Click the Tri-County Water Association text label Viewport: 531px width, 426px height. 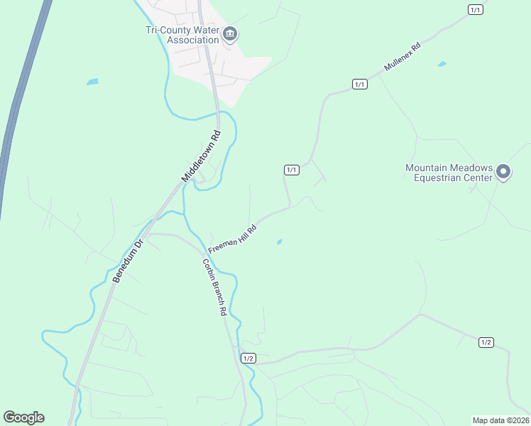[x=182, y=35]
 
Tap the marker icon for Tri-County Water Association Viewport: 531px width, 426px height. [x=230, y=34]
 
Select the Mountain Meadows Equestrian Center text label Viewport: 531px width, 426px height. [x=449, y=173]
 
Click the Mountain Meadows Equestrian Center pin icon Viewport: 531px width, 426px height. [x=503, y=172]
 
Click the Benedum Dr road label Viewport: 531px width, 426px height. [x=128, y=261]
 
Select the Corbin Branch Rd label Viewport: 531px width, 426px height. [x=214, y=287]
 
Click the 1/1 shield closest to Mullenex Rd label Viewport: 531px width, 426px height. [x=360, y=84]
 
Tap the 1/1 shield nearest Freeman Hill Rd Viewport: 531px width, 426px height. [x=291, y=170]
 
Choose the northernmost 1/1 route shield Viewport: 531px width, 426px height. [x=476, y=9]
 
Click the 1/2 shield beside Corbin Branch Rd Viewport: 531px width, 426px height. [x=248, y=359]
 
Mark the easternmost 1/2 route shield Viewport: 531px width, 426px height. [x=486, y=342]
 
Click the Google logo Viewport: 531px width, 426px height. [x=23, y=417]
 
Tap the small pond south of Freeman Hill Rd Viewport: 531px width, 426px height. [x=279, y=242]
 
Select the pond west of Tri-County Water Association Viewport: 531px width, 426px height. [x=92, y=82]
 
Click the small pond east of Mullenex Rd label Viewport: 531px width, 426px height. [x=442, y=65]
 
